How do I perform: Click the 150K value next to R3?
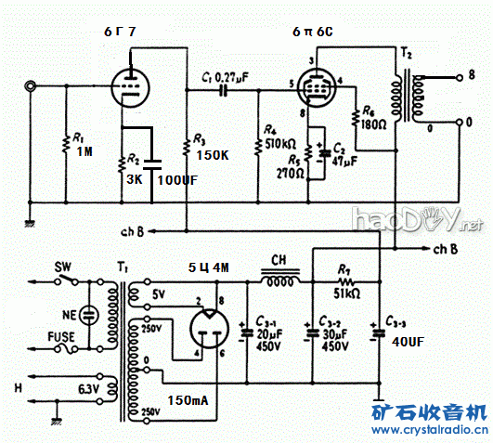pos(213,156)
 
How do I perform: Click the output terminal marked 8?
pos(472,72)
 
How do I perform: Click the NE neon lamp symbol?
pos(89,314)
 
